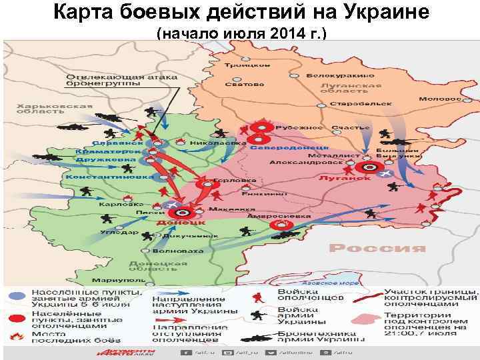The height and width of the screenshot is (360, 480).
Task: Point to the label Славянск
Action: coord(118,143)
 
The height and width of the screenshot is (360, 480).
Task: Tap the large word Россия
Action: coord(377,248)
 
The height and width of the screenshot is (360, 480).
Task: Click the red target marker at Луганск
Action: coord(365,168)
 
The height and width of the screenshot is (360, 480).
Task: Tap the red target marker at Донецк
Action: coord(185,211)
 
